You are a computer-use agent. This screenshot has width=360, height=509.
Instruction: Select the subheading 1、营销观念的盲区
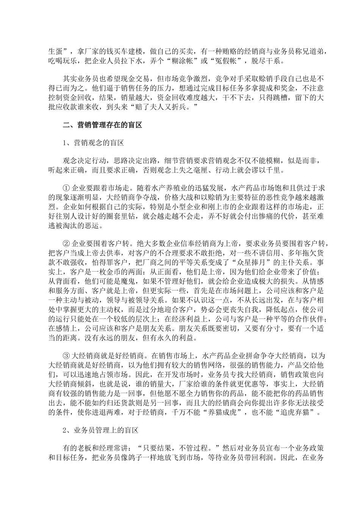click(93, 143)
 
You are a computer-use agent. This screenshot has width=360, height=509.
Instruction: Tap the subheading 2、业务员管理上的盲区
click(100, 431)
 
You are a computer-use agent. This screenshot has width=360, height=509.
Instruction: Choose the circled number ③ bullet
click(66, 356)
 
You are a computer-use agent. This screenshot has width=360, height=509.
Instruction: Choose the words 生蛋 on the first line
click(55, 51)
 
